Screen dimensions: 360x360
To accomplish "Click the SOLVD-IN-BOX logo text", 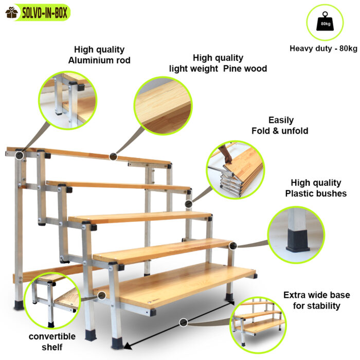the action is (45, 13).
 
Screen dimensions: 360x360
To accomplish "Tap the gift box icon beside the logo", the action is (12, 13).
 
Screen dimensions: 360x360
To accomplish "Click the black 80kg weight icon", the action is (325, 22).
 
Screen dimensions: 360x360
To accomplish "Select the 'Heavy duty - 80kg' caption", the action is (323, 48).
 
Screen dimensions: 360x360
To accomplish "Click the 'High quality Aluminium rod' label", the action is (99, 55).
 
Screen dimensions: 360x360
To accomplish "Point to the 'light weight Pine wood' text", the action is (218, 68).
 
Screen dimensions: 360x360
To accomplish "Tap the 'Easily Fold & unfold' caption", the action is (280, 125).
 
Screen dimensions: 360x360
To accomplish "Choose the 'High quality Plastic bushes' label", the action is (316, 188).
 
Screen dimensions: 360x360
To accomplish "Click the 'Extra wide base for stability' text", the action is (317, 300).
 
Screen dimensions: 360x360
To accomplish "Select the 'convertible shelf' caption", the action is (52, 341).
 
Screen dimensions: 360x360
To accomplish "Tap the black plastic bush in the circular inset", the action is (298, 240).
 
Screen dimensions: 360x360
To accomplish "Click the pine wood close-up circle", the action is (163, 106).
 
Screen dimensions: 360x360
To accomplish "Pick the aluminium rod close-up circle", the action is (68, 100).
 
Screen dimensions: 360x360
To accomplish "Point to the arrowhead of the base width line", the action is (128, 346).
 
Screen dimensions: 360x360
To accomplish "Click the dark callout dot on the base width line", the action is (183, 322).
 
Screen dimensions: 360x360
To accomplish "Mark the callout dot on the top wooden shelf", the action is (113, 156).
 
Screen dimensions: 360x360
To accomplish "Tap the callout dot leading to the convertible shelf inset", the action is (102, 296).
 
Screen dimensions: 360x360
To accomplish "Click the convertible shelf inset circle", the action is (52, 300).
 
